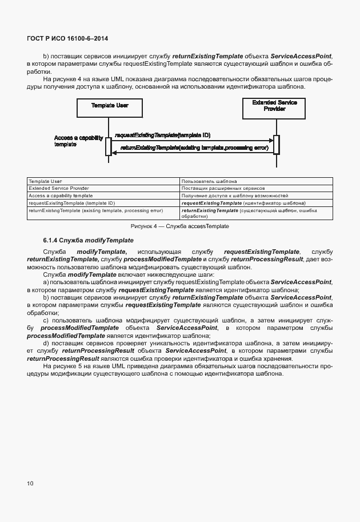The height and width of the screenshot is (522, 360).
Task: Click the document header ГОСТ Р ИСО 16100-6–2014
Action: point(67,38)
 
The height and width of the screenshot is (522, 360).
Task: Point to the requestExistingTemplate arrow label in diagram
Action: point(162,136)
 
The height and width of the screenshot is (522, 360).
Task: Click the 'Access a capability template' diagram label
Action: point(78,142)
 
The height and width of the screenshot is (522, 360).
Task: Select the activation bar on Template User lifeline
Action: point(108,146)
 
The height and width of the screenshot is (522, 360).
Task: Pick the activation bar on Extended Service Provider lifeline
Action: point(277,145)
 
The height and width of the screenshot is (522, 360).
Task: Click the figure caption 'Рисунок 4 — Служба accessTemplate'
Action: point(179,226)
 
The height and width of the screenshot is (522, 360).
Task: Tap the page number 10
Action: point(30,484)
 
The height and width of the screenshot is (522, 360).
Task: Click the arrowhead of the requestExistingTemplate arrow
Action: point(271,141)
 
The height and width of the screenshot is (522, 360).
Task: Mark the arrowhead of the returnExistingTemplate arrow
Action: point(114,152)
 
